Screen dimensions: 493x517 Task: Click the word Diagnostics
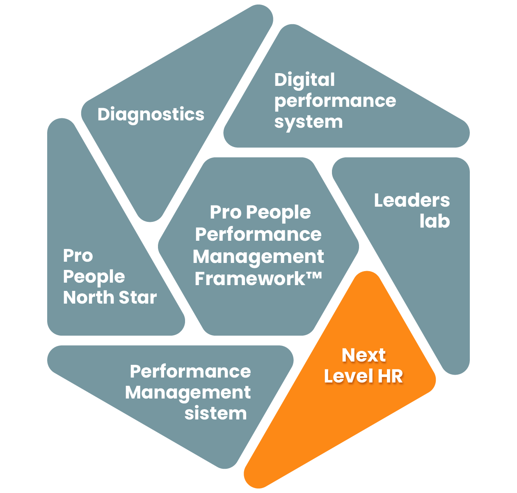click(x=151, y=115)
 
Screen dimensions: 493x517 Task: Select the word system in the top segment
click(x=308, y=122)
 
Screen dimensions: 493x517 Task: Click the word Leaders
click(x=412, y=200)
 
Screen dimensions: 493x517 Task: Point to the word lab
click(x=435, y=221)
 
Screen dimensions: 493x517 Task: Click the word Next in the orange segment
click(x=364, y=355)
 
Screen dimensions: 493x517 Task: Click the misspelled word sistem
click(x=215, y=414)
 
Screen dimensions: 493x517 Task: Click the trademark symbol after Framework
click(x=314, y=276)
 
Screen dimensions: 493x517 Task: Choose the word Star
click(x=138, y=297)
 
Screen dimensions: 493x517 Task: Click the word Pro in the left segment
click(x=78, y=256)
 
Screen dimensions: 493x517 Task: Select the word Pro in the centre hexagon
click(x=226, y=212)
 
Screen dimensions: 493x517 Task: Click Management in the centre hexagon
click(x=258, y=257)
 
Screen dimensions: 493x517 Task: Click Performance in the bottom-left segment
click(x=190, y=372)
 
